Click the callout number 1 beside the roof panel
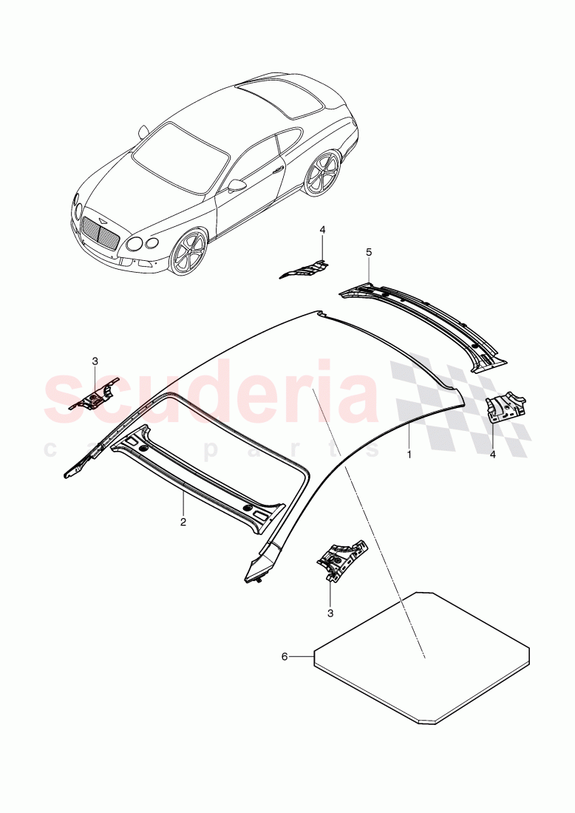point(409,455)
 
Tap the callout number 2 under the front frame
point(183,521)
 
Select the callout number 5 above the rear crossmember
point(369,252)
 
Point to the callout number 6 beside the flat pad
point(284,656)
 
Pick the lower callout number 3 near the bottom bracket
point(330,613)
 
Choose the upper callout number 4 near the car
point(322,230)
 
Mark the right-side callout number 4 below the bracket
point(493,454)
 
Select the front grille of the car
point(100,232)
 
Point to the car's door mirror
point(236,185)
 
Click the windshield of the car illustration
point(180,157)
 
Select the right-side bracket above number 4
point(506,407)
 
